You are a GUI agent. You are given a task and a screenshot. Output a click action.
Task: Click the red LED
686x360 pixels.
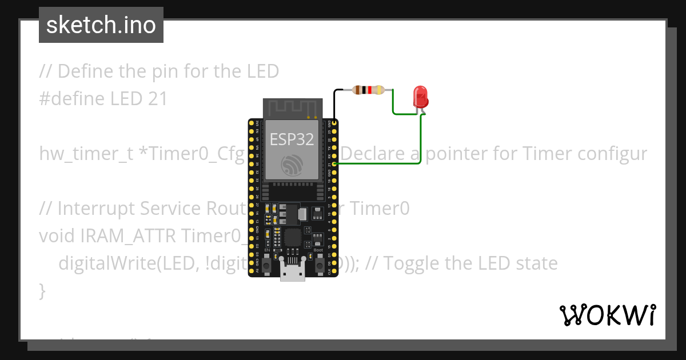(x=421, y=97)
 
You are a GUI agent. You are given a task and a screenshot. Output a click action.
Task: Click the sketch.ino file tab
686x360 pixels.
(x=101, y=25)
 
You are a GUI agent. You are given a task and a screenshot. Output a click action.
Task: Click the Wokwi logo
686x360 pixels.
(x=607, y=315)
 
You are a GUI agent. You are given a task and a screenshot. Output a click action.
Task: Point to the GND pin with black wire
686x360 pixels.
(x=333, y=122)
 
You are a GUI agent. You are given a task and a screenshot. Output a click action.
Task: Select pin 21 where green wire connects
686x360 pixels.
(x=333, y=163)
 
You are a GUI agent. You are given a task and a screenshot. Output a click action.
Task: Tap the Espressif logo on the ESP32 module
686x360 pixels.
(x=293, y=166)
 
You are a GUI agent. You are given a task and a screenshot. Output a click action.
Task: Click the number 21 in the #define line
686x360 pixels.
(x=157, y=99)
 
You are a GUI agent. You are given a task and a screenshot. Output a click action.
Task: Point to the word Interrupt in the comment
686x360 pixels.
(x=99, y=209)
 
